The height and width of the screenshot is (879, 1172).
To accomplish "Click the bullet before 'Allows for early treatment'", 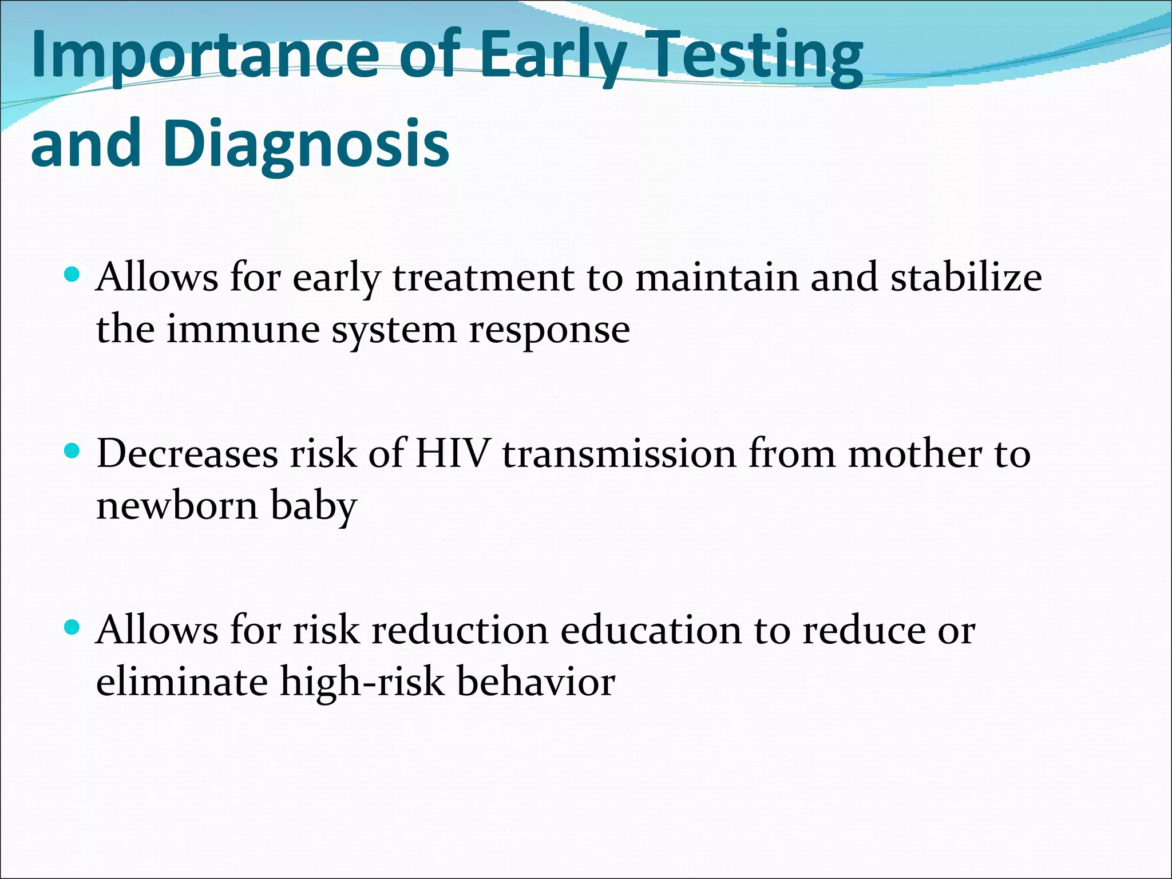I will point(72,275).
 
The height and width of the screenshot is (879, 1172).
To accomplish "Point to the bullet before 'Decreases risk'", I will point(72,452).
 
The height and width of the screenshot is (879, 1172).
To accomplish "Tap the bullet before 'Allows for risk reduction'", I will point(72,628).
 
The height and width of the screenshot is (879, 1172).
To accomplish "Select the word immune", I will point(243,330).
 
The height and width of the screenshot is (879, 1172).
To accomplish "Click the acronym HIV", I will point(452,454).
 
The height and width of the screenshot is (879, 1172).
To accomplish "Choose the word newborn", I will point(177,506).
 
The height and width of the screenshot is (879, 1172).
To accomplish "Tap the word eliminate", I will point(182,682).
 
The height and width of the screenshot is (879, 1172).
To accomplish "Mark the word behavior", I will point(536,682).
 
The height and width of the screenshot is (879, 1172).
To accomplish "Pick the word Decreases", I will point(187,454).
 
